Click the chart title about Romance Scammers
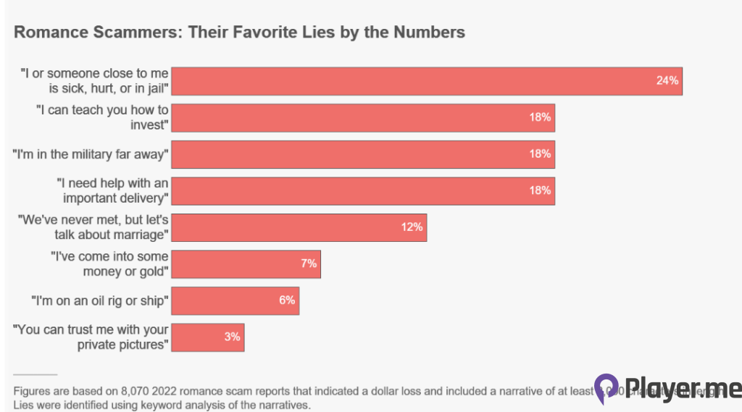coord(239,33)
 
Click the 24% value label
coord(667,80)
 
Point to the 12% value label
coord(412,227)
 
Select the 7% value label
coord(309,264)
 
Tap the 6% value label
coord(287,300)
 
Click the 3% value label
coord(232,337)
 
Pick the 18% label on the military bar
coord(540,154)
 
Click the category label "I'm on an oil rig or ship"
coord(99,300)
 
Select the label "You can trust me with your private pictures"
coord(91,337)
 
